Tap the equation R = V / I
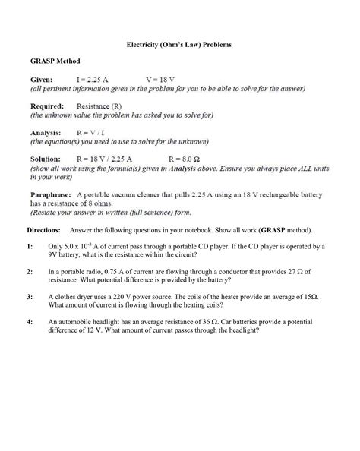click(x=96, y=132)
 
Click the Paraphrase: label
click(x=51, y=194)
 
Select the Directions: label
click(x=45, y=230)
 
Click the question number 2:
click(x=31, y=271)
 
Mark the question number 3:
click(x=31, y=295)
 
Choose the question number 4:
click(x=31, y=321)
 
